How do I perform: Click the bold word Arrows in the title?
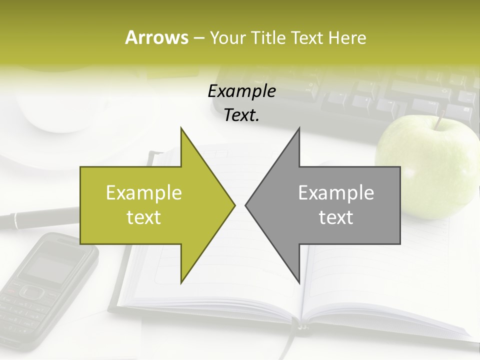156,37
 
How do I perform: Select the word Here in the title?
347,38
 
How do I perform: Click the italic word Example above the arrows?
241,91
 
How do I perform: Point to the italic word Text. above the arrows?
241,115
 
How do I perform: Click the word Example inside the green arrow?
143,193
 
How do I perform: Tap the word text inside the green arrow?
143,217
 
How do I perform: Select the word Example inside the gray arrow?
336,193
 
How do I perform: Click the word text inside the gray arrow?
336,217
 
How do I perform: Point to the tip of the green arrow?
234,205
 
